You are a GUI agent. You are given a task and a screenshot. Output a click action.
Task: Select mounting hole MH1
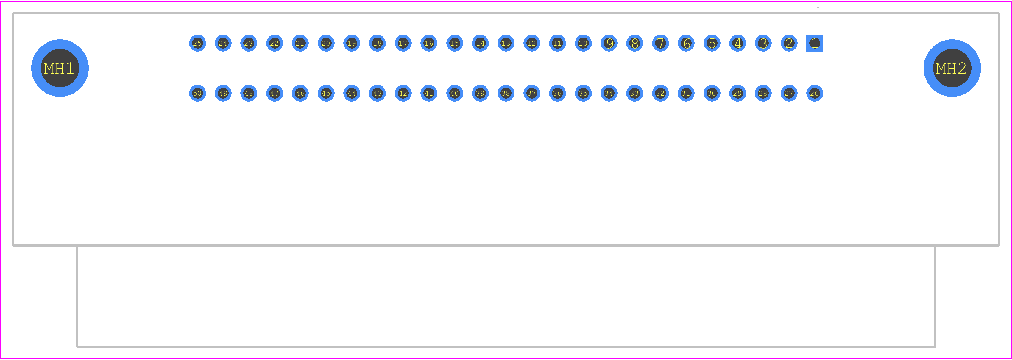point(60,68)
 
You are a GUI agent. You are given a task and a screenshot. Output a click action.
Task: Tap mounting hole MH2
point(952,68)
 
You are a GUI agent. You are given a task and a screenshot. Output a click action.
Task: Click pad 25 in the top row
point(197,43)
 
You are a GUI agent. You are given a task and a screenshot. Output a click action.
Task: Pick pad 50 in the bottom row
point(197,93)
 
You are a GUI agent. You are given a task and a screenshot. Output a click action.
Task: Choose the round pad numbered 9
point(609,43)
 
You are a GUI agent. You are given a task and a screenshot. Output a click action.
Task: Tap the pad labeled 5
point(712,43)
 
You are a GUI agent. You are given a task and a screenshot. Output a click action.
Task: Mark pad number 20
point(326,43)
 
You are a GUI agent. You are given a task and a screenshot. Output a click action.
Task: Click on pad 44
point(352,93)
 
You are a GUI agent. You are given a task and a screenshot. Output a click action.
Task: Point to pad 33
point(634,93)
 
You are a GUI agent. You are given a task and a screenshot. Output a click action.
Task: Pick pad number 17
point(403,43)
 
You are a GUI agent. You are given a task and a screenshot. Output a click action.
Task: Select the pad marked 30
point(712,93)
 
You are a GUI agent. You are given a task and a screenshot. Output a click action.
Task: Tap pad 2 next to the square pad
point(789,43)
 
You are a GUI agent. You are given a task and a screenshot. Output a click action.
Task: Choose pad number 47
point(274,93)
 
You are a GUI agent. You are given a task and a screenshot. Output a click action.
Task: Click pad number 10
point(583,43)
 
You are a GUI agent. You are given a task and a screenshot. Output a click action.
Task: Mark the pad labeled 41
point(429,93)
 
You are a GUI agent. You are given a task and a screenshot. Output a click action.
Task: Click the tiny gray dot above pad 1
point(818,7)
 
